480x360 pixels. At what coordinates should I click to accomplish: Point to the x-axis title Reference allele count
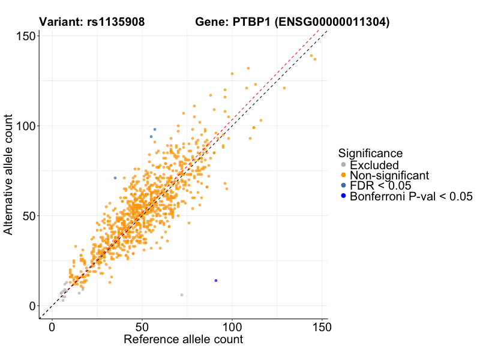point(183,340)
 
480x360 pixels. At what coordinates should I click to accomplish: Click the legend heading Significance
point(370,153)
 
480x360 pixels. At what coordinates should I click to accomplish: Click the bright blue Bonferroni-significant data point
point(216,281)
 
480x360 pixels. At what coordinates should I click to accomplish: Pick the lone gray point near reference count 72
point(182,295)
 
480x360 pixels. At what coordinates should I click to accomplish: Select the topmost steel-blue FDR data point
point(155,130)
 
